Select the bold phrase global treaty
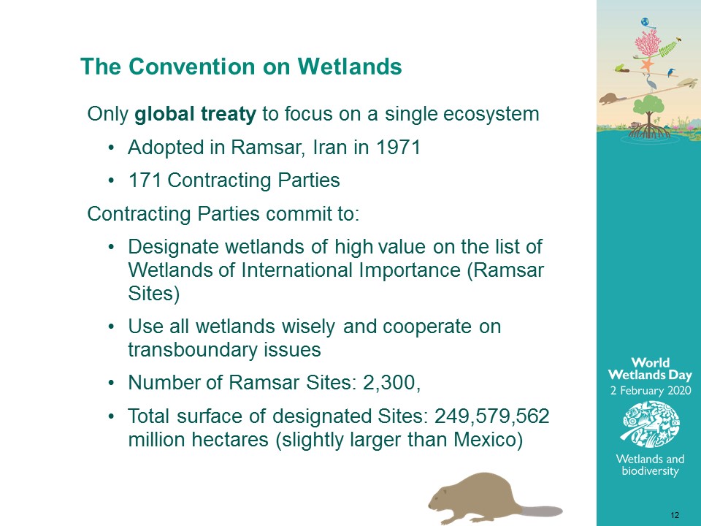(196, 114)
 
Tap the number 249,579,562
(491, 416)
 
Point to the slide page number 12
(675, 515)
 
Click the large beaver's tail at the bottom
(541, 511)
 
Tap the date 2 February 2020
(651, 391)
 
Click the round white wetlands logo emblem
(651, 424)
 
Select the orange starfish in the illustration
(646, 65)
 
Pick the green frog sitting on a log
(620, 68)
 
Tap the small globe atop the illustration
(645, 22)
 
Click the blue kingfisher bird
(671, 72)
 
